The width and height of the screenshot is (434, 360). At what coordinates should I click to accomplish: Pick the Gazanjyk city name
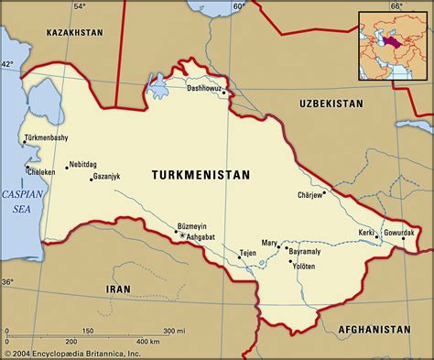point(113,178)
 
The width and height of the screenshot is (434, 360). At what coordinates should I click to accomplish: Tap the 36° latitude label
point(8,282)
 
